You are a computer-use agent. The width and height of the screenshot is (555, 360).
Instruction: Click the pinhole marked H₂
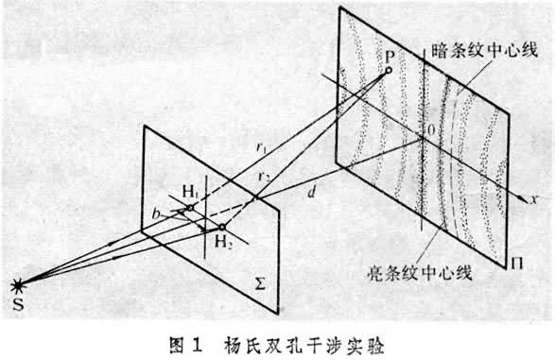coord(222,227)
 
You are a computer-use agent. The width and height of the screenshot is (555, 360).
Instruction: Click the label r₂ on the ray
coord(271,179)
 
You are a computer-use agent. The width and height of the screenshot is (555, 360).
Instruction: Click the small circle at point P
coord(388,70)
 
